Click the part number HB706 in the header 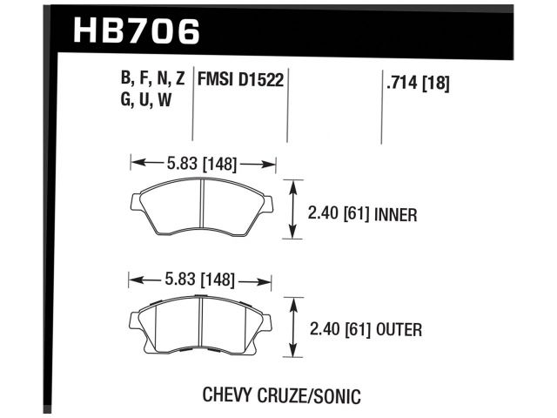pos(138,31)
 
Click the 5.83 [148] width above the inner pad pos(203,162)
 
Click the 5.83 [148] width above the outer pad pos(201,280)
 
